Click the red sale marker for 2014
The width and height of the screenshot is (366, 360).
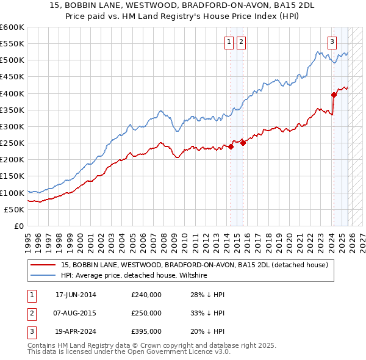tap(231, 146)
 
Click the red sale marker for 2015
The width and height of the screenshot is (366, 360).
tap(243, 143)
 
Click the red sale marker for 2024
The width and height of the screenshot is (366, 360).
tap(334, 95)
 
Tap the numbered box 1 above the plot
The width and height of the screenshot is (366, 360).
tap(229, 42)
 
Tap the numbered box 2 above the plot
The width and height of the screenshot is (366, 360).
tap(241, 42)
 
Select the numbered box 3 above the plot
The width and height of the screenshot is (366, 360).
tap(332, 42)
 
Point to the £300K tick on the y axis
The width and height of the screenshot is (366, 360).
tap(12, 126)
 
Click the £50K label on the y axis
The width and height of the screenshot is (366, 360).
tap(14, 209)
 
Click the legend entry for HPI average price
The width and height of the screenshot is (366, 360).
tap(134, 275)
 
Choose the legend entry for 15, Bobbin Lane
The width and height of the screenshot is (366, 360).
tap(195, 265)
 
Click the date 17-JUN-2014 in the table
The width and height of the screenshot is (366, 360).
tap(76, 295)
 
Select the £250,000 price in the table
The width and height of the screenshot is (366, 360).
tap(146, 313)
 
